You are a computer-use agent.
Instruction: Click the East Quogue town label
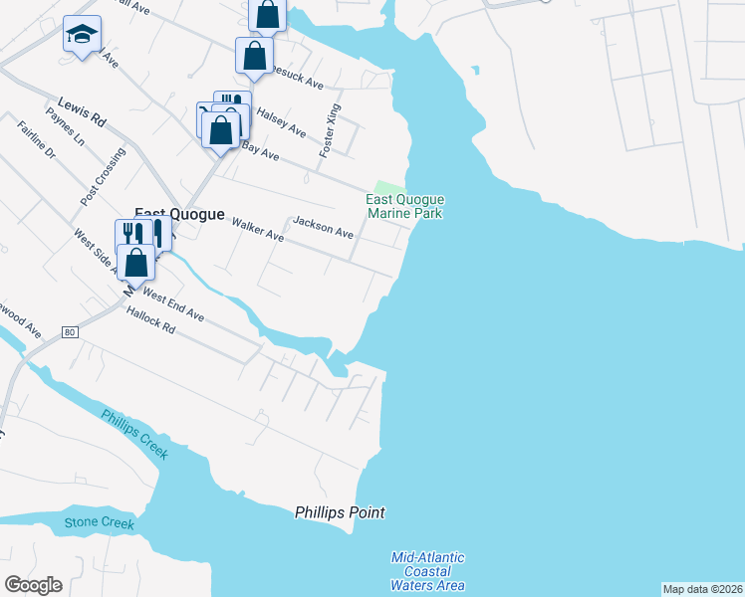click(179, 212)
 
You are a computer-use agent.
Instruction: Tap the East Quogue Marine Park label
click(404, 206)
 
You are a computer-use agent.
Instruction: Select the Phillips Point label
click(340, 512)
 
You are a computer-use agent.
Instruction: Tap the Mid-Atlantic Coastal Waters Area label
click(428, 571)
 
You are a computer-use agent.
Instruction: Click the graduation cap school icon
click(78, 35)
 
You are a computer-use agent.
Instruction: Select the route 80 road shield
click(69, 330)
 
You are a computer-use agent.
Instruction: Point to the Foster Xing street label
click(330, 130)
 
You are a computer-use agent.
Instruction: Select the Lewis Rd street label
click(82, 110)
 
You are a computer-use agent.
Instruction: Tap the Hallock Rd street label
click(151, 320)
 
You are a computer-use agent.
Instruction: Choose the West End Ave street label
click(173, 303)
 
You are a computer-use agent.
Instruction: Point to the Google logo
click(33, 584)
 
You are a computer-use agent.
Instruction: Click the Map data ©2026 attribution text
click(702, 589)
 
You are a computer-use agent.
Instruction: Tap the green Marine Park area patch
click(389, 189)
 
